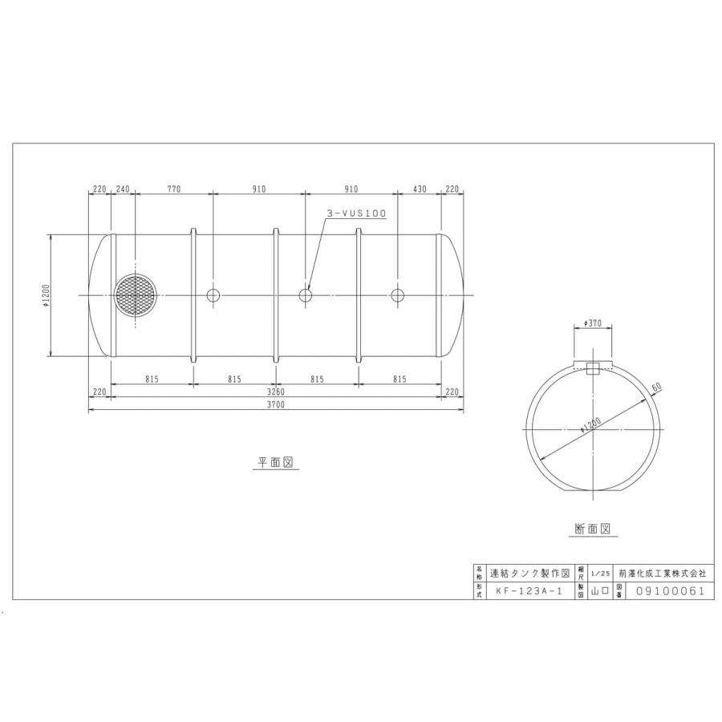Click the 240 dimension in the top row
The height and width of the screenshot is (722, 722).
point(123,189)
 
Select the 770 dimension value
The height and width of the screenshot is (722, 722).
point(174,189)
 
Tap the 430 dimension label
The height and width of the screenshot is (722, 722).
point(419,189)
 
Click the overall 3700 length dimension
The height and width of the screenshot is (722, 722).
point(276,406)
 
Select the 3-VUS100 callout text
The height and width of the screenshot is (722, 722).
point(357,213)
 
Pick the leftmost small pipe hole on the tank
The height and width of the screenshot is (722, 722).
point(213,295)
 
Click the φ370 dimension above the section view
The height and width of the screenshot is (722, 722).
point(594,322)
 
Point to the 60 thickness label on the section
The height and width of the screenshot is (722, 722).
point(656,388)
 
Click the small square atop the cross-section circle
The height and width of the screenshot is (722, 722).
point(594,369)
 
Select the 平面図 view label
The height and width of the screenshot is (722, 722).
point(276,463)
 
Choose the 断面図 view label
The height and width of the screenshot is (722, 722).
point(593,529)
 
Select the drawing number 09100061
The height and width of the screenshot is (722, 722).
point(669,591)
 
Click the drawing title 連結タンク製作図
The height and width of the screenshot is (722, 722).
point(529,574)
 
